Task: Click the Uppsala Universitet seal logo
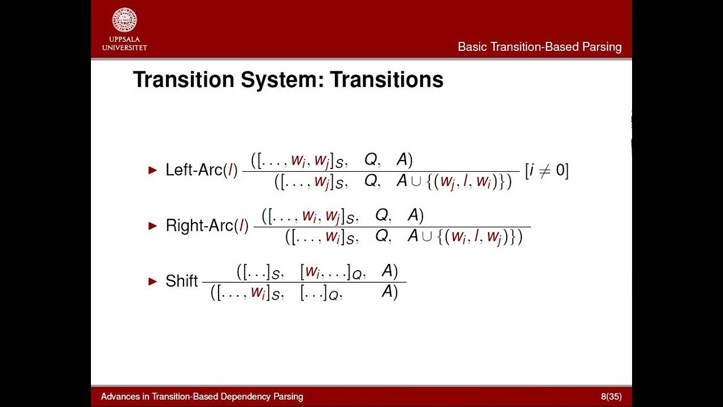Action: pyautogui.click(x=124, y=20)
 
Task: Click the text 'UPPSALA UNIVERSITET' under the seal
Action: pyautogui.click(x=124, y=44)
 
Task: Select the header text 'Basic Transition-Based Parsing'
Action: pyautogui.click(x=539, y=47)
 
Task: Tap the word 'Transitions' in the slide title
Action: pyautogui.click(x=387, y=80)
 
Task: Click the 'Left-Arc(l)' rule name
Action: pyautogui.click(x=201, y=170)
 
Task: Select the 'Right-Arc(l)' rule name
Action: pyautogui.click(x=207, y=226)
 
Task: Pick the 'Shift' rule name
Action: pyautogui.click(x=181, y=281)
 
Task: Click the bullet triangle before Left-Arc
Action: pyautogui.click(x=153, y=170)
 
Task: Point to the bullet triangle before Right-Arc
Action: pyautogui.click(x=153, y=226)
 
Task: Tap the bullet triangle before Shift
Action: pyautogui.click(x=153, y=281)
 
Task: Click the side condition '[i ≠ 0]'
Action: pyautogui.click(x=546, y=170)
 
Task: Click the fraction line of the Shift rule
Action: pyautogui.click(x=304, y=282)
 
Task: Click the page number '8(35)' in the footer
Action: pyautogui.click(x=611, y=396)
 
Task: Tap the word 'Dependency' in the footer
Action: pyautogui.click(x=239, y=396)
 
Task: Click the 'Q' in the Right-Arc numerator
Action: pyautogui.click(x=382, y=215)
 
